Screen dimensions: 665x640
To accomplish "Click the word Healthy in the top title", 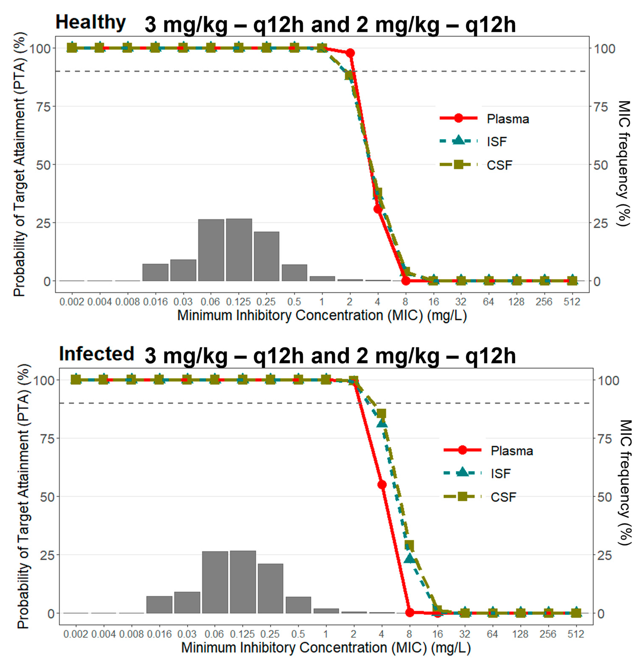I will [91, 22].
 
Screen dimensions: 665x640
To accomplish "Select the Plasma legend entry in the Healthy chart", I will [507, 119].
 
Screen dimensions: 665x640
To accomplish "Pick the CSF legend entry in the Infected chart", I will [503, 497].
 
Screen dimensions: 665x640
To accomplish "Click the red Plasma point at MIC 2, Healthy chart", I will [350, 53].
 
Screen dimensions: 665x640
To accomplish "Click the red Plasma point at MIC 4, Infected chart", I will [382, 484].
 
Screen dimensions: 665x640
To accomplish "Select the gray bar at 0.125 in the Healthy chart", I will [239, 250].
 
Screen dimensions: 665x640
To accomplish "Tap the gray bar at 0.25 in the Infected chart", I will [270, 589].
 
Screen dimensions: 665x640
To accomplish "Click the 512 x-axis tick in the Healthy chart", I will [572, 302].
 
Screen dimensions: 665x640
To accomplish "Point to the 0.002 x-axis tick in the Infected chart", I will [76, 634].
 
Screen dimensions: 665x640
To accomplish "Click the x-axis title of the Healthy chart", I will [322, 316].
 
